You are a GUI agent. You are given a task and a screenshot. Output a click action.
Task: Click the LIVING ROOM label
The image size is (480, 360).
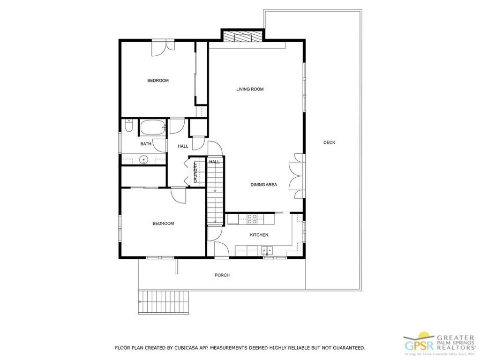coord(249,89)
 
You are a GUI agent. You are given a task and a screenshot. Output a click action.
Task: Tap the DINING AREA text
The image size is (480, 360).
coord(263,185)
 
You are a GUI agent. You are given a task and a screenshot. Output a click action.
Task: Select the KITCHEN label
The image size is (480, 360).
coord(259,235)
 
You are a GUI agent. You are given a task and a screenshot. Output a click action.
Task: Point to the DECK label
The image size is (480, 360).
coord(329,142)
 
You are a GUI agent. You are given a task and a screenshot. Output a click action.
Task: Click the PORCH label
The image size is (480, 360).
coord(222,275)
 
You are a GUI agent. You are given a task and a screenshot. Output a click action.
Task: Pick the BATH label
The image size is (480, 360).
coord(146,144)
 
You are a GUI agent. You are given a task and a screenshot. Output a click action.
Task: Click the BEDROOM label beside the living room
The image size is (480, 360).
coord(158,81)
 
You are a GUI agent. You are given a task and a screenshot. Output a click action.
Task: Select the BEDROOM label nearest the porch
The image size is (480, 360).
coord(163,224)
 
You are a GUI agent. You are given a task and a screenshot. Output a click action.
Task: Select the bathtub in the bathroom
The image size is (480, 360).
coord(153,127)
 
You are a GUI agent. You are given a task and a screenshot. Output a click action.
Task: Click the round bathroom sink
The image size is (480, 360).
coord(143,160)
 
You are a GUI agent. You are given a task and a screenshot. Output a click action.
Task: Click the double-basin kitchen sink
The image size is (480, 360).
coord(268,250)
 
